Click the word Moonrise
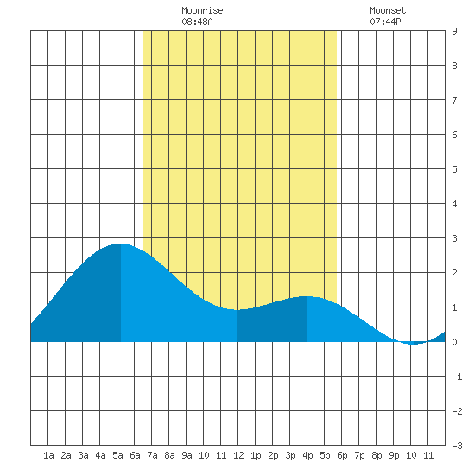pos(202,10)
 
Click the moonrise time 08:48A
pos(197,22)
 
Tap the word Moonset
pos(388,10)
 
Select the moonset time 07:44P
pos(385,22)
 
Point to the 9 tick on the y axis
pos(454,31)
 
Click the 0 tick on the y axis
pos(454,342)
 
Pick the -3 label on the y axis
pos(457,446)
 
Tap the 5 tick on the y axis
pos(454,169)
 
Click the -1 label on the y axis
pos(457,377)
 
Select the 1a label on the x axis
pos(48,455)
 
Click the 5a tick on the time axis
pos(117,455)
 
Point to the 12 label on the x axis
pos(238,455)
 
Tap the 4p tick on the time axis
pos(307,455)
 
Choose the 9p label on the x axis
pos(394,455)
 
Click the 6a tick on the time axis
pos(135,455)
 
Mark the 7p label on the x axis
pos(359,455)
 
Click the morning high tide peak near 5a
pos(120,244)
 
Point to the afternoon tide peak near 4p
pos(307,296)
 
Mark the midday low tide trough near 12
pos(237,309)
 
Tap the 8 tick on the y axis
pos(454,66)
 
